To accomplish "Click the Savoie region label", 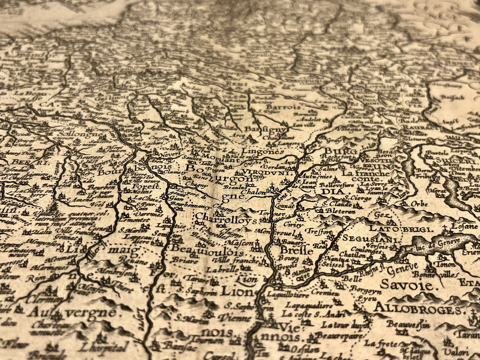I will click(x=407, y=285).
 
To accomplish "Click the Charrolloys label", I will click(x=227, y=220).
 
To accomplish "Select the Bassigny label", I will click(x=265, y=129).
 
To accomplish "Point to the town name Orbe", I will click(x=419, y=204).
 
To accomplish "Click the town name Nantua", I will click(x=333, y=258).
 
